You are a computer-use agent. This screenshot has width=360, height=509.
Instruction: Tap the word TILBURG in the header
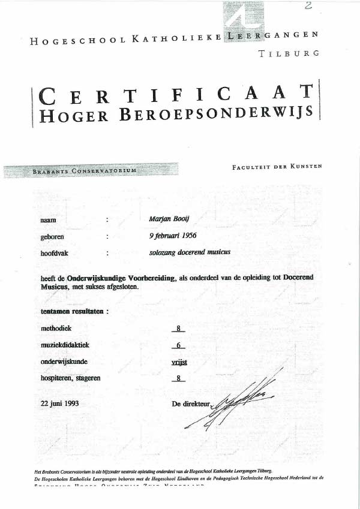pyautogui.click(x=288, y=53)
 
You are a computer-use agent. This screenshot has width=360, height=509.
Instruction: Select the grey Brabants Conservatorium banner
pyautogui.click(x=91, y=170)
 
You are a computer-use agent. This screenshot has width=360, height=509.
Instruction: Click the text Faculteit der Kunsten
pyautogui.click(x=277, y=167)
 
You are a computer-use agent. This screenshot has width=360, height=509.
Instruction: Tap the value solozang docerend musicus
pyautogui.click(x=190, y=252)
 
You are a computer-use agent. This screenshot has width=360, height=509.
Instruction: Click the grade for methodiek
pyautogui.click(x=178, y=329)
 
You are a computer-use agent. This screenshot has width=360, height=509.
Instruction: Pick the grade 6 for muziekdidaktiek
pyautogui.click(x=178, y=345)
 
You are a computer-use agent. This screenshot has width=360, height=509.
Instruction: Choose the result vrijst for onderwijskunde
pyautogui.click(x=178, y=362)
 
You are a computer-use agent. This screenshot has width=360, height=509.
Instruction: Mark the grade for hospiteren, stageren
pyautogui.click(x=178, y=378)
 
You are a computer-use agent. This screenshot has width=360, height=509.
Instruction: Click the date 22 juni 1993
pyautogui.click(x=59, y=403)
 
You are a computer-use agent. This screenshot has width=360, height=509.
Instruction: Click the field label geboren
pyautogui.click(x=52, y=237)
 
